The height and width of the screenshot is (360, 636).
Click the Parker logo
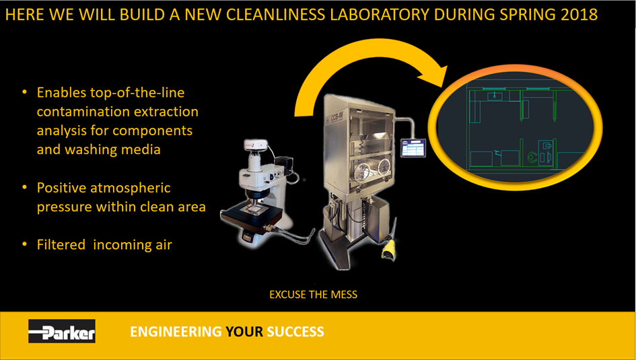click(62, 331)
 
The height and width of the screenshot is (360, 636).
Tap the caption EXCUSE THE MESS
click(313, 294)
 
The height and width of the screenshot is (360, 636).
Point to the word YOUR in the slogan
click(244, 332)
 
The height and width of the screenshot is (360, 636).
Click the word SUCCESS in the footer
click(295, 332)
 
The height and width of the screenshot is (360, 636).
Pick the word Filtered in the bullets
click(61, 244)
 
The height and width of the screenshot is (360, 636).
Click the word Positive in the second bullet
click(61, 188)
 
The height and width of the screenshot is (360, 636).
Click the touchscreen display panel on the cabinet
click(413, 148)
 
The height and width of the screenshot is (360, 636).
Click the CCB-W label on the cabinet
click(337, 118)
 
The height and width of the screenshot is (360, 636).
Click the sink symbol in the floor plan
click(494, 96)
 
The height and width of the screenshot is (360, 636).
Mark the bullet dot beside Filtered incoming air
click(25, 244)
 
